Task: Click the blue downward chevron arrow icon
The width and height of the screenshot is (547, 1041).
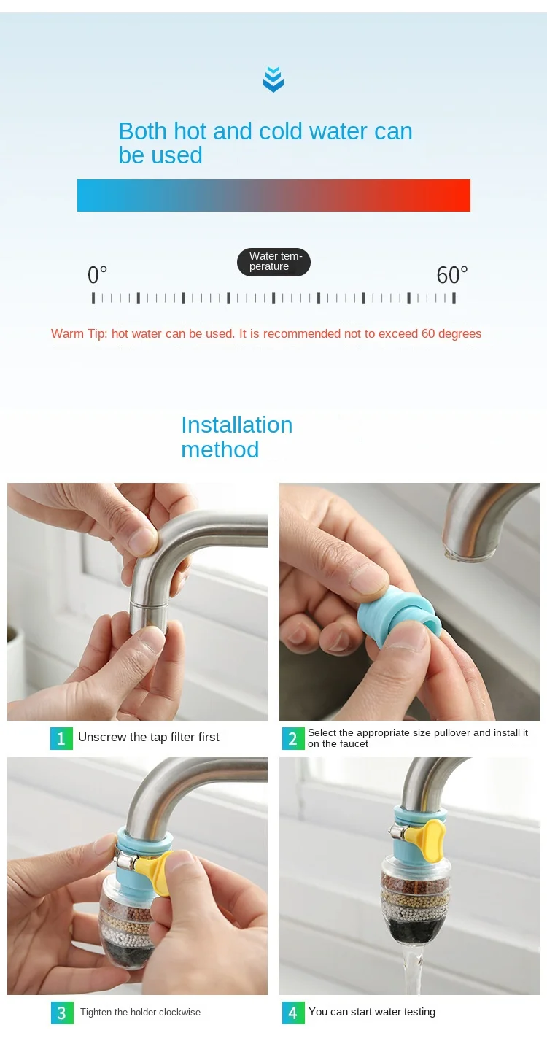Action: [273, 79]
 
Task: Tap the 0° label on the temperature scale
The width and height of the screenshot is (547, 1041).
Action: [97, 274]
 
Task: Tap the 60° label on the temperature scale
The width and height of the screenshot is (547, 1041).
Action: [451, 274]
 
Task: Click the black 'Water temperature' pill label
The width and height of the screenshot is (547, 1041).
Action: [273, 262]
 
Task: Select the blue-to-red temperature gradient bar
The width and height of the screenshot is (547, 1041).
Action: [273, 196]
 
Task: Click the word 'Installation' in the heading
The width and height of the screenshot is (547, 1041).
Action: [237, 425]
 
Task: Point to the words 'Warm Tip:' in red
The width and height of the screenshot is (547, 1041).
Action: [79, 333]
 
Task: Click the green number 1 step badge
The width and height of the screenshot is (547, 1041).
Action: [61, 738]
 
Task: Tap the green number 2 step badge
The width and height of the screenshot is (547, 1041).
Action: [293, 738]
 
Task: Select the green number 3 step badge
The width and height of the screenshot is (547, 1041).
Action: [62, 1013]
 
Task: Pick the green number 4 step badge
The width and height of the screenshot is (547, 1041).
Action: [293, 1013]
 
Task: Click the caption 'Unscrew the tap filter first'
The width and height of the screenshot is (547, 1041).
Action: [149, 737]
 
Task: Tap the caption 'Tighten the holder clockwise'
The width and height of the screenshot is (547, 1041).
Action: [140, 1013]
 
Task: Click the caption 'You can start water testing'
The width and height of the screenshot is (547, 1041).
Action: [372, 1012]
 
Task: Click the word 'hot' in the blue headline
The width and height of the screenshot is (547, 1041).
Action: [190, 131]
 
